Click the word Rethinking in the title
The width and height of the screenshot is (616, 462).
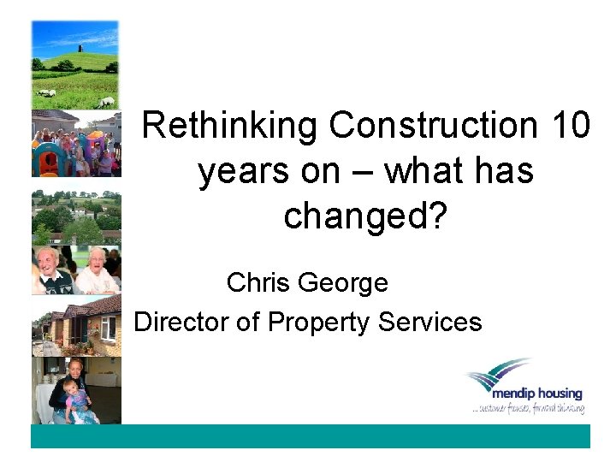(230, 126)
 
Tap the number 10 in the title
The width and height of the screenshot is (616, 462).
(570, 126)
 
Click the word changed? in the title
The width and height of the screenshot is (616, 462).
(365, 216)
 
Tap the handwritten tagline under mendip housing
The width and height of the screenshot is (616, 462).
(528, 411)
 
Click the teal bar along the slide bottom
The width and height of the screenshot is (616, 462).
(310, 436)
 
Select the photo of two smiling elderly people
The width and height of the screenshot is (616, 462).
(76, 270)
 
